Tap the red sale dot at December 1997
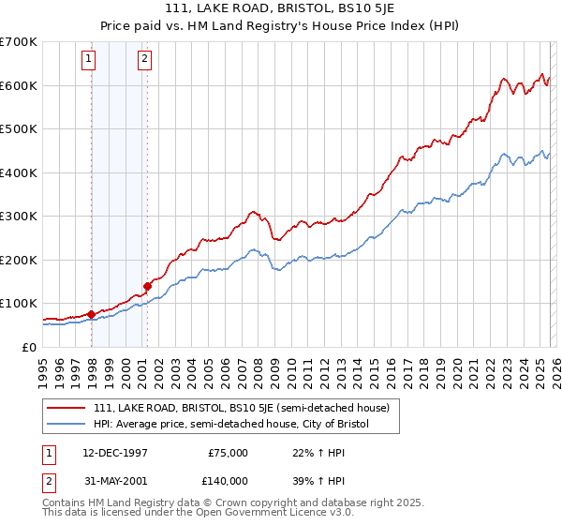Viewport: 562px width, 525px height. point(91,314)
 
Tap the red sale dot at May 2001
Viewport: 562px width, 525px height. point(147,286)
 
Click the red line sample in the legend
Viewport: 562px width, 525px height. point(67,408)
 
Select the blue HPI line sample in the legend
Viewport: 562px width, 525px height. point(67,424)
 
